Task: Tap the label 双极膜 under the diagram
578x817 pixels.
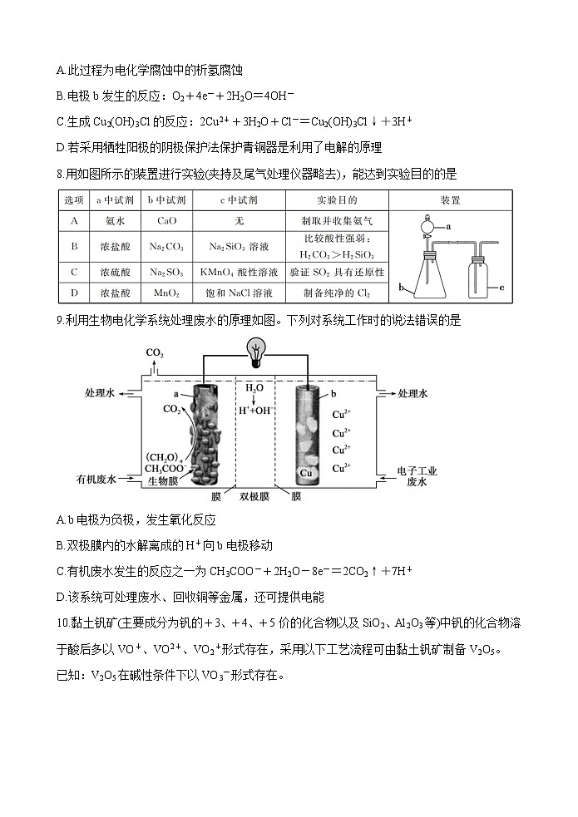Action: point(254,496)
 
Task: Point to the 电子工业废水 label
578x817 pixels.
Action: point(417,476)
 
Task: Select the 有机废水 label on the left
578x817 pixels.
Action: point(98,479)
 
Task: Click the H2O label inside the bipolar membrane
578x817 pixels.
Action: point(254,387)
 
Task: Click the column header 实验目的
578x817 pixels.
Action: point(337,200)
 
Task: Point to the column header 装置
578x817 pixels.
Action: point(450,200)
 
